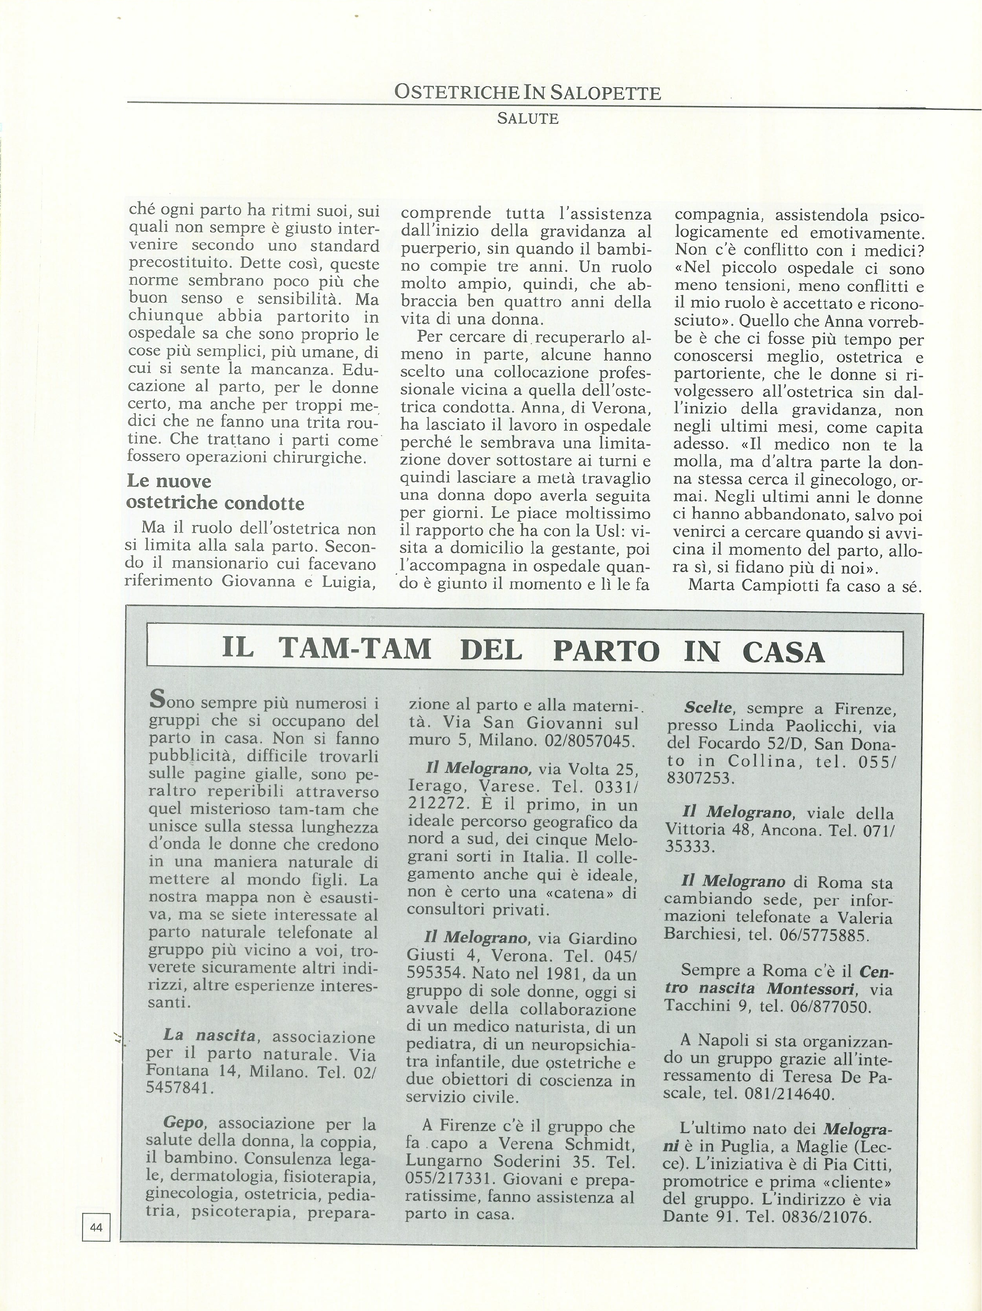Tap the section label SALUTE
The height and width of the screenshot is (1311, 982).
point(527,118)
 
